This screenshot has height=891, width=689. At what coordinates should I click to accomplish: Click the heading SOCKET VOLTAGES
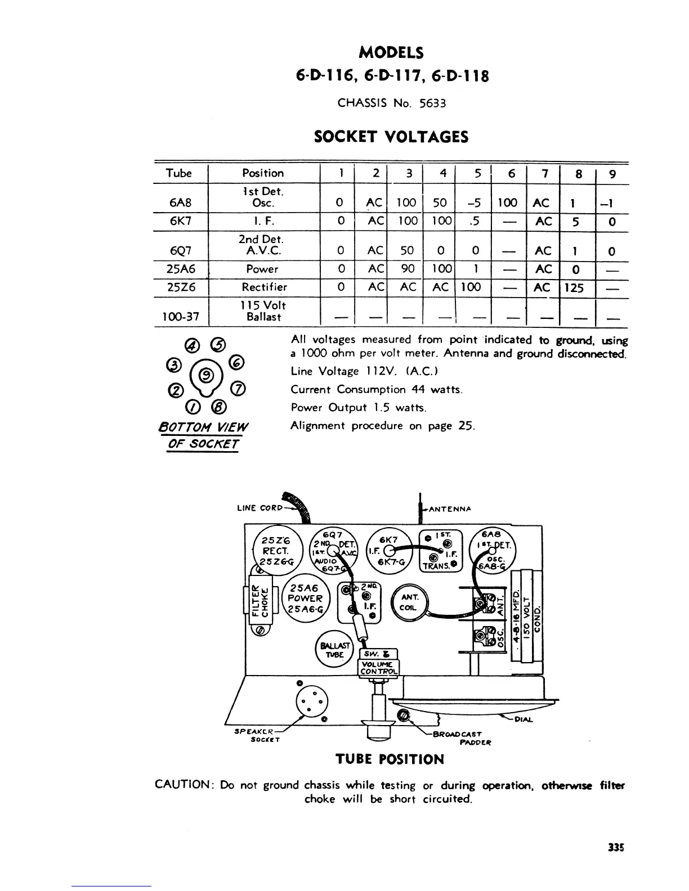coord(391,137)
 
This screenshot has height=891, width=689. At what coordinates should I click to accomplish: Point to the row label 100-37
coord(177,317)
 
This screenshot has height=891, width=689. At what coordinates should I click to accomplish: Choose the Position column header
coord(263,173)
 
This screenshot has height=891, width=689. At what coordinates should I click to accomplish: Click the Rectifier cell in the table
coord(264,287)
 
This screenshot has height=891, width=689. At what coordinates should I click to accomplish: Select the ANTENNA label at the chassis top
coord(449,509)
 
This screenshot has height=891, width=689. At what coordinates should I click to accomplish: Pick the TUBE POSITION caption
coord(390,759)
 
